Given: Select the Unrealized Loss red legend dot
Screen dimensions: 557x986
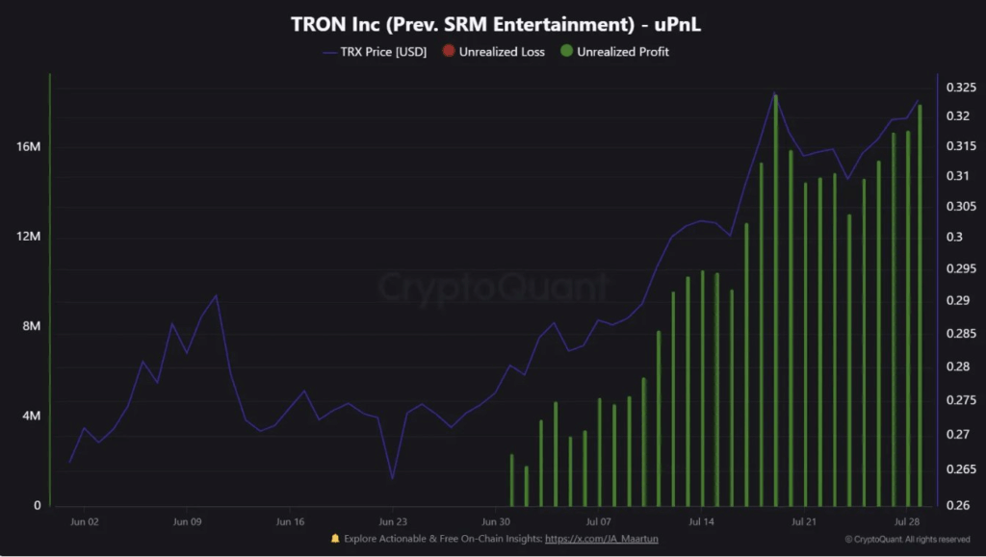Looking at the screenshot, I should click(x=449, y=51).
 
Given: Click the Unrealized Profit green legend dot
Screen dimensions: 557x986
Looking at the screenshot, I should click(x=566, y=51).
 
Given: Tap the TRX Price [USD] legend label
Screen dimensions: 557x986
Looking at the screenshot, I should click(x=383, y=51).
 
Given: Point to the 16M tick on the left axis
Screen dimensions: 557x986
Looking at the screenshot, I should click(x=29, y=147).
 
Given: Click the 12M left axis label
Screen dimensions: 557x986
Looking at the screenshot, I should click(x=29, y=237).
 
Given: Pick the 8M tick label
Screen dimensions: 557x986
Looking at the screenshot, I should click(x=31, y=326).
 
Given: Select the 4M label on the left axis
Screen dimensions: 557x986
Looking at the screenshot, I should click(x=31, y=416).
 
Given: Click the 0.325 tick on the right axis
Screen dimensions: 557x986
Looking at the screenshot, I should click(x=960, y=88).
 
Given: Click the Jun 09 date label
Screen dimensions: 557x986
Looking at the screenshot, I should click(x=187, y=522).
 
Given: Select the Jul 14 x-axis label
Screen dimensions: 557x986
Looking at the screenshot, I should click(x=701, y=522).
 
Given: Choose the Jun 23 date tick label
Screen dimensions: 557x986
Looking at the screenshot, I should click(x=393, y=522).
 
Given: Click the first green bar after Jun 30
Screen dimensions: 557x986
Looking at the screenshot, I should click(x=511, y=480).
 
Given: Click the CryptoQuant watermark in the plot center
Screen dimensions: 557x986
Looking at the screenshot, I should click(x=492, y=288).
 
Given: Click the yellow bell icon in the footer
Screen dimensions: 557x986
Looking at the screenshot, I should click(x=335, y=539).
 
